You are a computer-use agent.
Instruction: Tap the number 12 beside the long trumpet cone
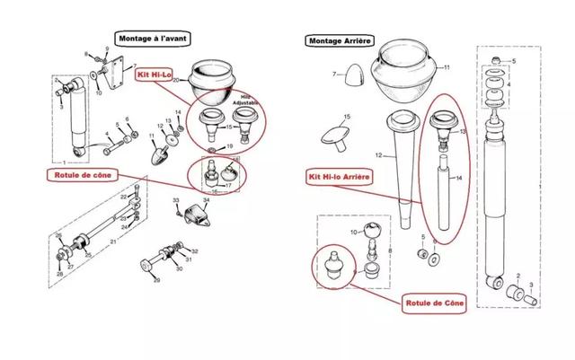(x=379, y=157)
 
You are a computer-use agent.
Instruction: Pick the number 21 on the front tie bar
(x=113, y=242)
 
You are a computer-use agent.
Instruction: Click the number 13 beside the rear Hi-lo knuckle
(x=464, y=130)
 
